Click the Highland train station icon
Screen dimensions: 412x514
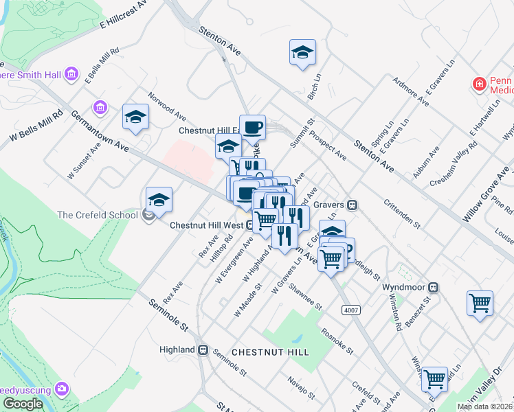[203, 350]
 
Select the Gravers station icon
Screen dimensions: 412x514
[352, 204]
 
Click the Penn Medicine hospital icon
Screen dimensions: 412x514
[479, 84]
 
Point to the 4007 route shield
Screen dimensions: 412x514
[351, 310]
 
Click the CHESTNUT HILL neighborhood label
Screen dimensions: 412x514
[270, 352]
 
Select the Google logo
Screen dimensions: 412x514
[23, 403]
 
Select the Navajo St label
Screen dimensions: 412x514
[301, 387]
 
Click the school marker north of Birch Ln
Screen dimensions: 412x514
[302, 53]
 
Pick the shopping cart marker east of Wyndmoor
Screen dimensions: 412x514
[480, 303]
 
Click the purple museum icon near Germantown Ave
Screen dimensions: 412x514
[101, 107]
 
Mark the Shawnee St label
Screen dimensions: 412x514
[305, 296]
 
